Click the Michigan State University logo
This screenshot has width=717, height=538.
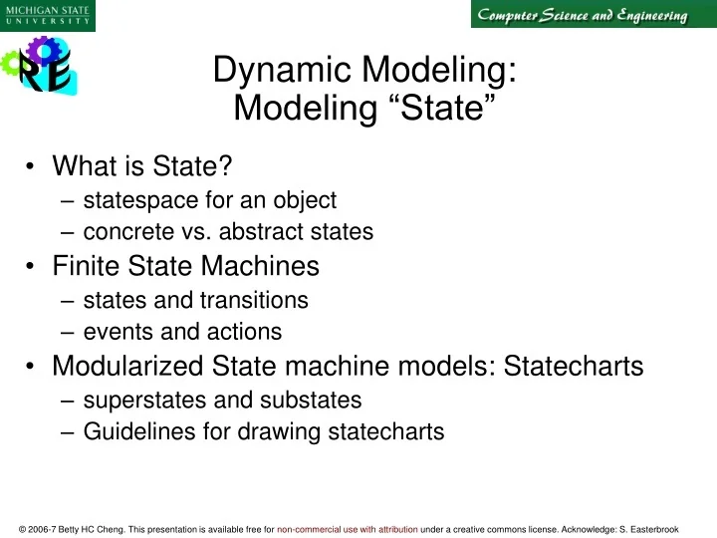pos(48,15)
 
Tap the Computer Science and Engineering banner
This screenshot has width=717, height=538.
pos(581,15)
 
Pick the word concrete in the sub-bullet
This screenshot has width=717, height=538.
pos(125,232)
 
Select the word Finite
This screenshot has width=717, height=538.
pos(88,266)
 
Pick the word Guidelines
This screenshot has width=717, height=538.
pos(132,431)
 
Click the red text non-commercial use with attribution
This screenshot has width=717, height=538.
pos(348,529)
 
